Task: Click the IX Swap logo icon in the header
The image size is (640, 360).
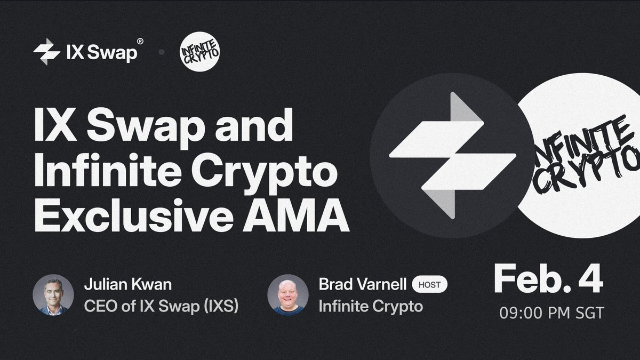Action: (x=46, y=52)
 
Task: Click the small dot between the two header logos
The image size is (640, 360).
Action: (x=161, y=53)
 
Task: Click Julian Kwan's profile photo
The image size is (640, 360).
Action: (x=53, y=294)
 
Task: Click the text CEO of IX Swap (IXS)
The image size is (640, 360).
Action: (x=161, y=307)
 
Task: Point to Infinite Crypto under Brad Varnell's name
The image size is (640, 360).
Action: (x=371, y=307)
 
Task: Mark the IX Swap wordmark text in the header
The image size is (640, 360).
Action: (x=102, y=53)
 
